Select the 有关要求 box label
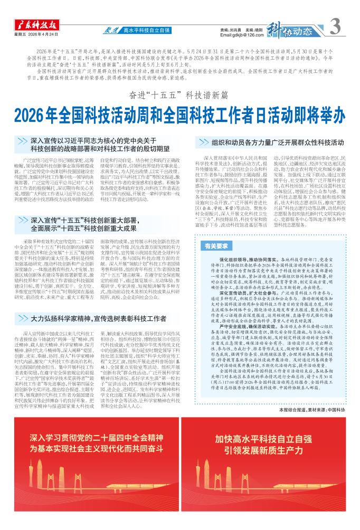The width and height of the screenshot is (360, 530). [x=217, y=246]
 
